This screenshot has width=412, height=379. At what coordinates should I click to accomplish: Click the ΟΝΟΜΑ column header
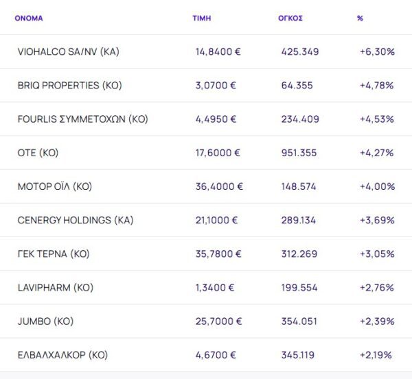[x=28, y=19]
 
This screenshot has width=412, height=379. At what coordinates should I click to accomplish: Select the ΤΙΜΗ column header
[x=201, y=19]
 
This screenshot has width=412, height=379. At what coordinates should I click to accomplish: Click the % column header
[x=360, y=19]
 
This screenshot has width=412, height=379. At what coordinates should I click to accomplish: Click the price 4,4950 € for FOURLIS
[x=216, y=119]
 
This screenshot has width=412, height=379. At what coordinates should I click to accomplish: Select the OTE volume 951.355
[x=299, y=153]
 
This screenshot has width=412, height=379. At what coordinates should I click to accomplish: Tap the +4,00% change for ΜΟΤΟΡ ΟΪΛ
[x=377, y=186]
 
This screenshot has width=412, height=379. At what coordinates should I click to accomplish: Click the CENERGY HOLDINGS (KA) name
[x=76, y=220]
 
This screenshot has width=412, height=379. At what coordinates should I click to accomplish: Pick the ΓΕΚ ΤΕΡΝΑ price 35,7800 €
[x=218, y=254]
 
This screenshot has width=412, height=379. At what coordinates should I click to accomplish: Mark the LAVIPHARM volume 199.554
[x=299, y=288]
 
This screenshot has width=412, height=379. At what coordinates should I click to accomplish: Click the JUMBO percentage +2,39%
[x=376, y=321]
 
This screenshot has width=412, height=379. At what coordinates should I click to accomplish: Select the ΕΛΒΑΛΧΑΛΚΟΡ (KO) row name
[x=62, y=355]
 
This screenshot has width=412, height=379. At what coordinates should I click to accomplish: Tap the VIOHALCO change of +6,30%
[x=377, y=51]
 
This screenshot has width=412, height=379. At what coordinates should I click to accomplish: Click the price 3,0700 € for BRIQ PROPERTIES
[x=216, y=86]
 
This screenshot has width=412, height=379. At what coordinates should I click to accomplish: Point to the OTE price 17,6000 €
[x=218, y=153]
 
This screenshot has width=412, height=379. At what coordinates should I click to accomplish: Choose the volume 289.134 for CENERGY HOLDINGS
[x=299, y=220]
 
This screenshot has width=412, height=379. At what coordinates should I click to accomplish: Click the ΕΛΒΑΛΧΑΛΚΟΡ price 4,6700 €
[x=216, y=355]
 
